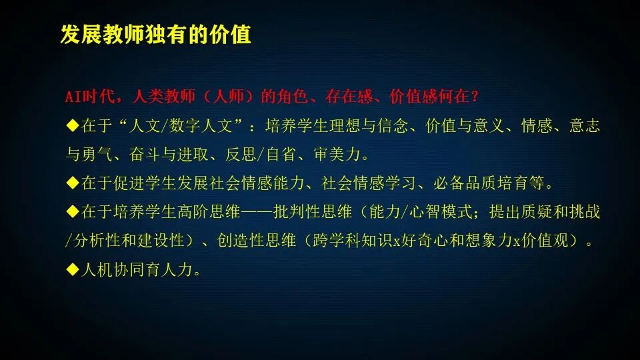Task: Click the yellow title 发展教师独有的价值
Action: (x=155, y=34)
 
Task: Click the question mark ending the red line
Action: (x=475, y=97)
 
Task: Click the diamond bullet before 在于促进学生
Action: (x=73, y=183)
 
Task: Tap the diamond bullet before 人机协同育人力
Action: (x=73, y=270)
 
